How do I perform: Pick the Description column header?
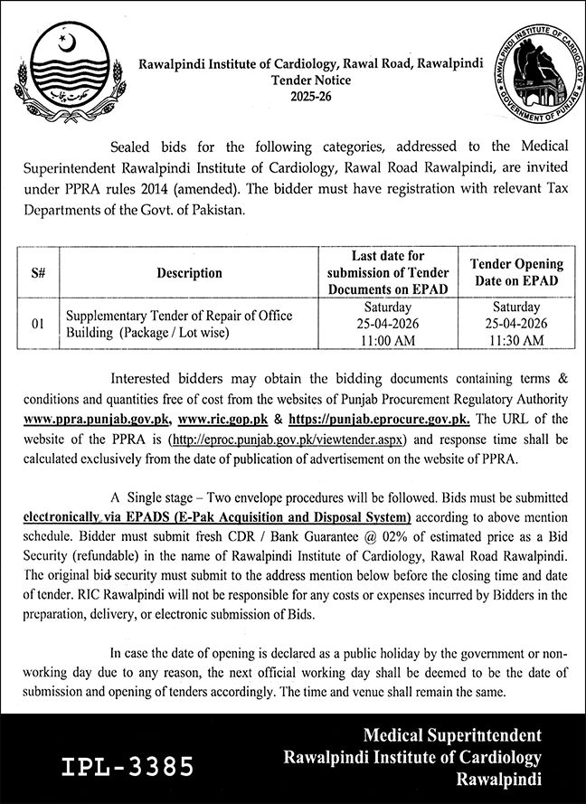point(188,272)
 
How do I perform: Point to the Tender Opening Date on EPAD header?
point(516,272)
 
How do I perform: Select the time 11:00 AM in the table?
point(388,339)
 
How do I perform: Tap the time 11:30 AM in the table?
point(516,339)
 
